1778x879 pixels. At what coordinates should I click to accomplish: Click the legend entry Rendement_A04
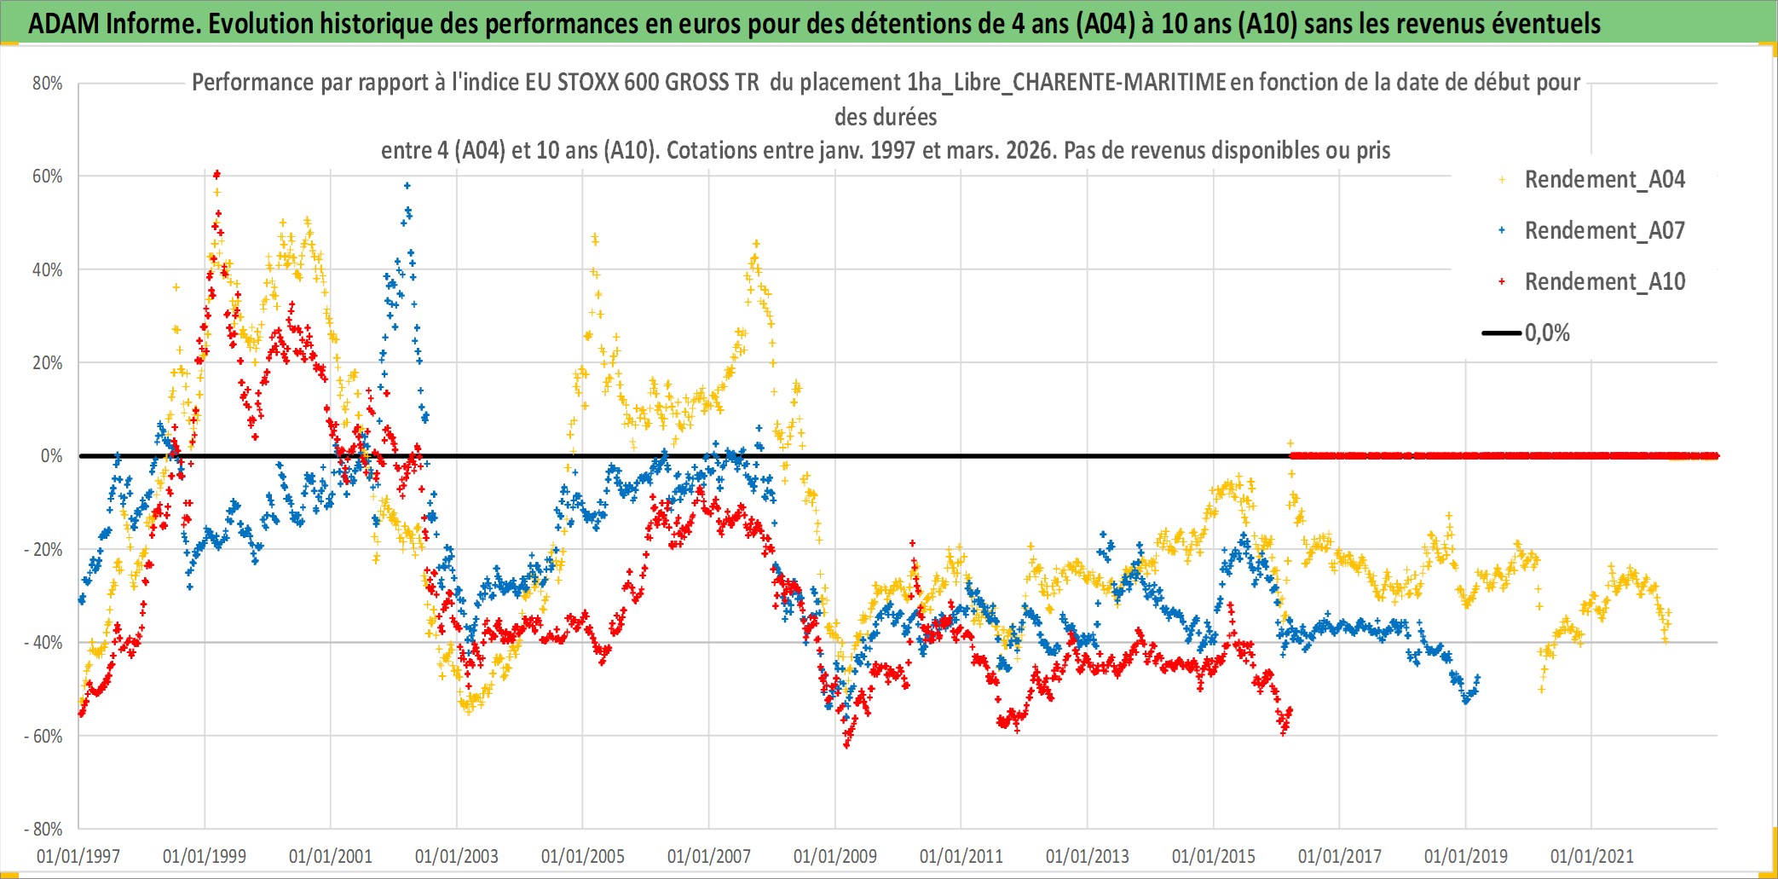click(1604, 180)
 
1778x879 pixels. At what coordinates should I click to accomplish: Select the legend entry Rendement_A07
click(1604, 231)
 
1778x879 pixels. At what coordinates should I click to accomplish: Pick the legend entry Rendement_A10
click(1604, 282)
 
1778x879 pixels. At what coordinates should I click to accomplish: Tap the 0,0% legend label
click(1547, 333)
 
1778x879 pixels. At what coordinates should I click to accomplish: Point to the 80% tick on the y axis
click(48, 84)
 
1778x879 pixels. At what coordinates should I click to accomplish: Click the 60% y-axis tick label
click(48, 176)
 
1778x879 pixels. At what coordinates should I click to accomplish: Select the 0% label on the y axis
click(51, 456)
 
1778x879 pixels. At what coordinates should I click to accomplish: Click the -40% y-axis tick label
click(43, 643)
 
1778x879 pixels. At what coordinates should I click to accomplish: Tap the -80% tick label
click(43, 829)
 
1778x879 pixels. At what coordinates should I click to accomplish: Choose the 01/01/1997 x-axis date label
click(78, 856)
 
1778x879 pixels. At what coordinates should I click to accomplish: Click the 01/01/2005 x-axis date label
click(583, 856)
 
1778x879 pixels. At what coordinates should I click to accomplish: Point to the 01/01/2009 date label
click(835, 856)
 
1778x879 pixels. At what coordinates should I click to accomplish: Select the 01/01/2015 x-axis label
click(1214, 856)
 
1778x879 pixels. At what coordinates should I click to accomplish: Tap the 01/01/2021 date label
click(1592, 856)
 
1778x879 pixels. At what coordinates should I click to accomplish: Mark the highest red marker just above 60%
click(217, 173)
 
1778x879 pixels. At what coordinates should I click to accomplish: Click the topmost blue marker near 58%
click(407, 185)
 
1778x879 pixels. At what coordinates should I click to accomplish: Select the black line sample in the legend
click(1501, 333)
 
